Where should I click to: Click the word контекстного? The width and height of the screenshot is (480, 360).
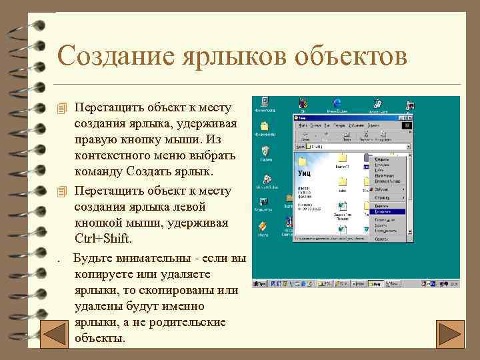[x=118, y=155]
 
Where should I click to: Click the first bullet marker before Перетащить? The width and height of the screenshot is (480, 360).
[x=63, y=108]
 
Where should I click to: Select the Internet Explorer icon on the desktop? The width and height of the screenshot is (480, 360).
[x=337, y=104]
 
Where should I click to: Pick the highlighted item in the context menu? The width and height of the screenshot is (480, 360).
[x=390, y=211]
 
